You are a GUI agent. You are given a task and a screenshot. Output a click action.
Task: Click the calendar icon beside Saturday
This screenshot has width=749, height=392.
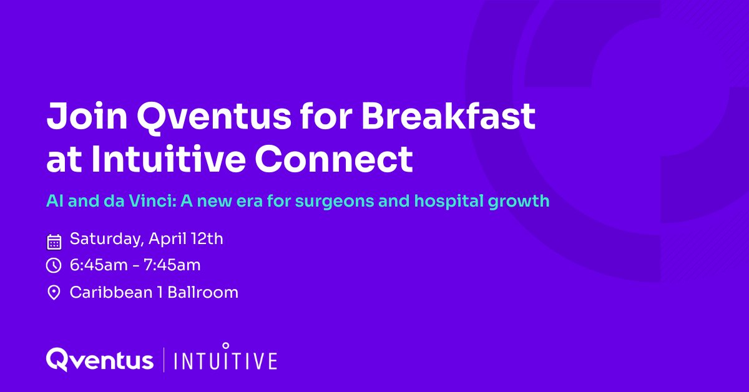(x=54, y=241)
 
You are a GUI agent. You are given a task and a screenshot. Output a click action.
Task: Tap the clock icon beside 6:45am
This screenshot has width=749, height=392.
(x=54, y=265)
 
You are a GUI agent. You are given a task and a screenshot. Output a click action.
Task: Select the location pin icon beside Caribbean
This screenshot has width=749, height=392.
(x=54, y=292)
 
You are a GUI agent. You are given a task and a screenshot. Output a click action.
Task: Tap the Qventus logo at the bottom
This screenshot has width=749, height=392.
(x=100, y=360)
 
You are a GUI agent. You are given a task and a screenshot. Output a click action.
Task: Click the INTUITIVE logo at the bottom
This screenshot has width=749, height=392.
(x=225, y=361)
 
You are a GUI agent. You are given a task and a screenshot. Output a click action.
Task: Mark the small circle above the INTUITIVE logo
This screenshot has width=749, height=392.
(x=226, y=345)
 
